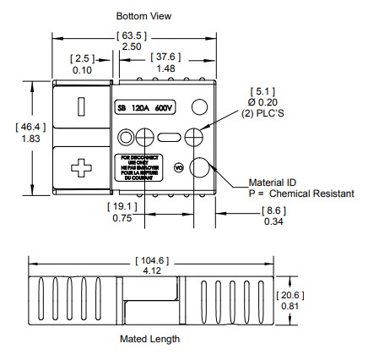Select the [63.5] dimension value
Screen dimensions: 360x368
[132, 35]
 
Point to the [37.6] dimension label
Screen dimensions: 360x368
[165, 57]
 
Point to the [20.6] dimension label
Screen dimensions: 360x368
[288, 294]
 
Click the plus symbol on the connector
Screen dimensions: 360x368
[81, 167]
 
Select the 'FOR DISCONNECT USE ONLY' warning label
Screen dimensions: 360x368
[134, 167]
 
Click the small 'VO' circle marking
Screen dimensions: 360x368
[178, 167]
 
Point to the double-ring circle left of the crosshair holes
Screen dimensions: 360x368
[127, 137]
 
